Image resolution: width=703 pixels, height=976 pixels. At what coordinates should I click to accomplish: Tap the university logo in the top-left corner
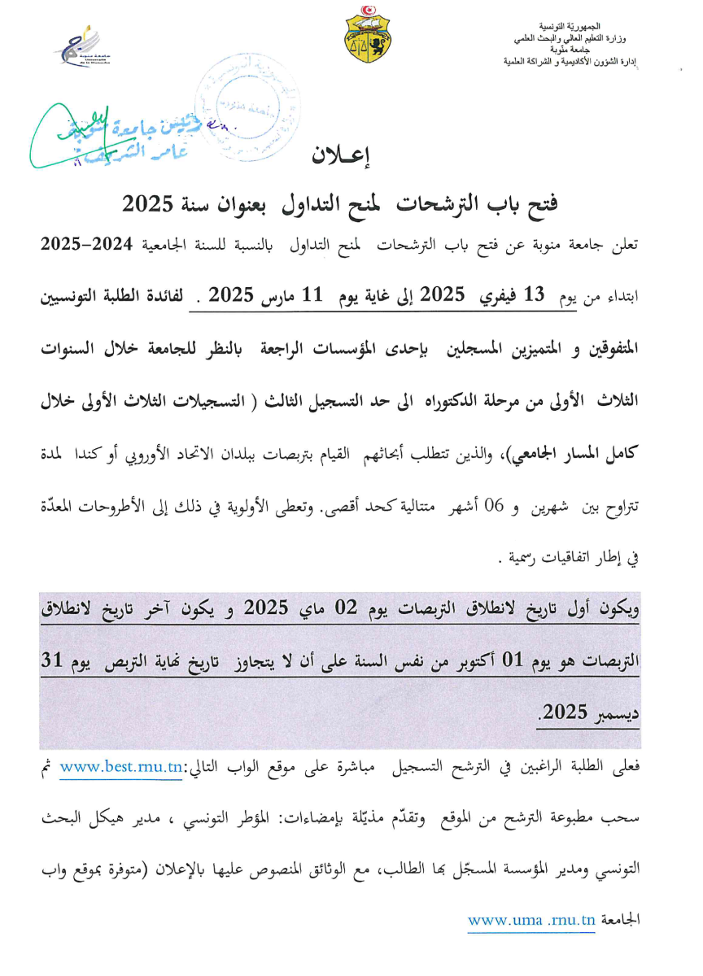click(x=88, y=49)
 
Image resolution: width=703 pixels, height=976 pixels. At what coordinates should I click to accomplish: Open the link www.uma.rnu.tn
click(x=531, y=922)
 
